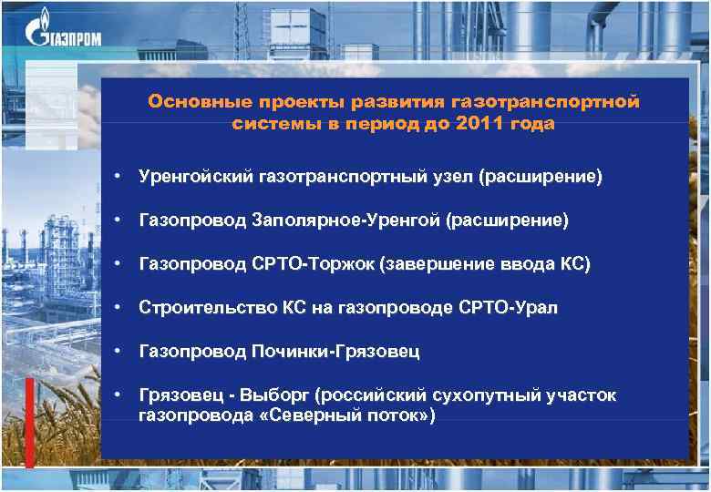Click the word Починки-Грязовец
[x=335, y=352]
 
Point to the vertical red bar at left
[x=29, y=420]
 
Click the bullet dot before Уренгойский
[x=118, y=176]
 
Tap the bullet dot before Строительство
[x=118, y=307]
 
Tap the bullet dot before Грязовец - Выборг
[x=118, y=395]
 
